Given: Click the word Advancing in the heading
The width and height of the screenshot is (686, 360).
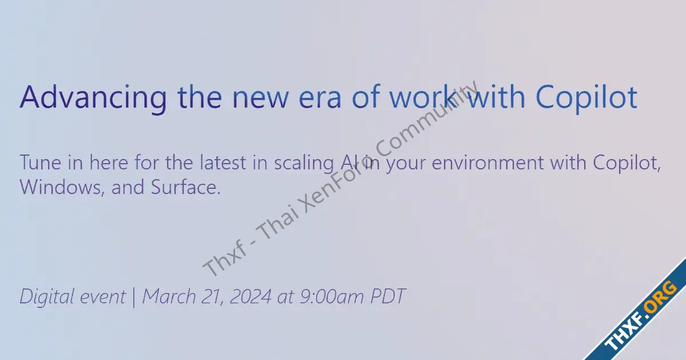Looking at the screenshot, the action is pos(93,98).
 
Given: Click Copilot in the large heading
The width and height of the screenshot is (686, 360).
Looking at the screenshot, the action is pos(586,98).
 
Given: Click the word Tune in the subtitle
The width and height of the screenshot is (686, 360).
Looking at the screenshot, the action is pos(40,163).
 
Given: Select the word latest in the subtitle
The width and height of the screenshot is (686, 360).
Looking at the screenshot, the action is pos(223,163).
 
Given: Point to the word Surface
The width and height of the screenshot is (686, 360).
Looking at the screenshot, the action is pos(186,187).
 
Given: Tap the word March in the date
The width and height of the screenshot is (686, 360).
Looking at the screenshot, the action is pos(169,296).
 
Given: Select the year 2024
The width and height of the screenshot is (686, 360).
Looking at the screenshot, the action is pos(250,296).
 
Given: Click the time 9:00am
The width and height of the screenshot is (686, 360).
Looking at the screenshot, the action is pos(332,296).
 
